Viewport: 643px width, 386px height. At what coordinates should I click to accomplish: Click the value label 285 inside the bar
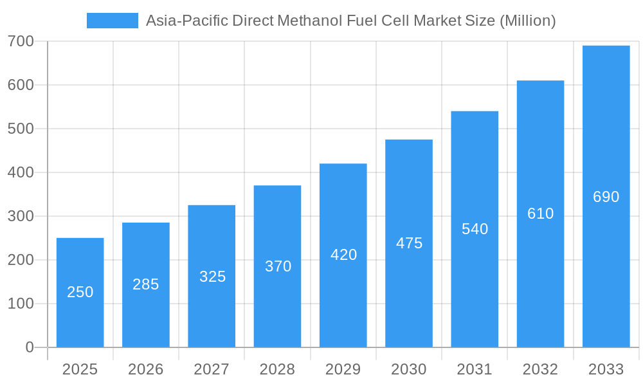pyautogui.click(x=146, y=284)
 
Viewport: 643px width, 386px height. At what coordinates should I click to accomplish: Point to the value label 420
pyautogui.click(x=343, y=255)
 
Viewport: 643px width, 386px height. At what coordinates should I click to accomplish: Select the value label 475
pyautogui.click(x=409, y=243)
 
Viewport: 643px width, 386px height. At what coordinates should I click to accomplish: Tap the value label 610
pyautogui.click(x=540, y=214)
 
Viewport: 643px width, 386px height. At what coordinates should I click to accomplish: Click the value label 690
pyautogui.click(x=606, y=197)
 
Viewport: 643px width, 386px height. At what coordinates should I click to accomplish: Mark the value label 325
pyautogui.click(x=212, y=277)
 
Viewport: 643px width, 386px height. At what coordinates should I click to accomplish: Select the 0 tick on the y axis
pyautogui.click(x=30, y=347)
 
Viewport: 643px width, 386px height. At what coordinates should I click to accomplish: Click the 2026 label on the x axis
pyautogui.click(x=146, y=369)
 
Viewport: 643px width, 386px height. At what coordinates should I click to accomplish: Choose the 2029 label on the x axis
pyautogui.click(x=343, y=369)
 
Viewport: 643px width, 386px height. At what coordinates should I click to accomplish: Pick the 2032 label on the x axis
pyautogui.click(x=540, y=369)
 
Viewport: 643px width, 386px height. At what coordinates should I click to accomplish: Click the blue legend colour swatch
pyautogui.click(x=113, y=21)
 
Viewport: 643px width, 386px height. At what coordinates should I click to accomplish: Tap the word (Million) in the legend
pyautogui.click(x=527, y=21)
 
